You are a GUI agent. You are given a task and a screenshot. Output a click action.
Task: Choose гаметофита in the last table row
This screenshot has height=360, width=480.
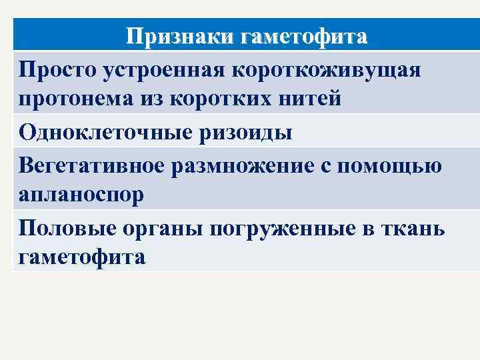(x=81, y=257)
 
